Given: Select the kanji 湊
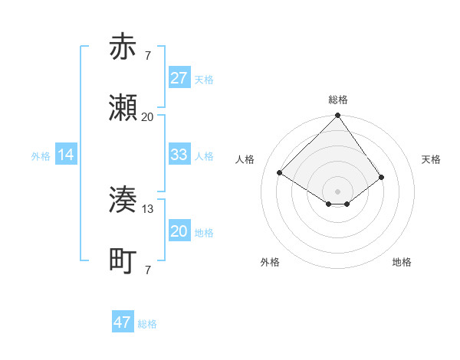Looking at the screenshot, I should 123,200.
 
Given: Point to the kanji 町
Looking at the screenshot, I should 123,261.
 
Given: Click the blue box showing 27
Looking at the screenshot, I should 179,78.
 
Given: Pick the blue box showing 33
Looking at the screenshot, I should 179,155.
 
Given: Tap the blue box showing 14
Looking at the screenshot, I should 66,155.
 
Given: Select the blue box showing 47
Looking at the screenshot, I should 123,322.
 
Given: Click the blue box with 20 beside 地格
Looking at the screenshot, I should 179,231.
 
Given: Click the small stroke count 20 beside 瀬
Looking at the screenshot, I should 148,116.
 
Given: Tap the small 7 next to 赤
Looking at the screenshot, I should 148,55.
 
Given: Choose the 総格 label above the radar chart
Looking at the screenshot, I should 338,100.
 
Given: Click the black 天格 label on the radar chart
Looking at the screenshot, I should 431,159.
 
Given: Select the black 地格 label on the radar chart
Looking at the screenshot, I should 402,262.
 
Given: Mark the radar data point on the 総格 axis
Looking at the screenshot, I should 338,116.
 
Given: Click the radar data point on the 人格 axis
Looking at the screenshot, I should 280,173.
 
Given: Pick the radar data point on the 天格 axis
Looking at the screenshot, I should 382,177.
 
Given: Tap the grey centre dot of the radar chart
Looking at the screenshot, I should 338,191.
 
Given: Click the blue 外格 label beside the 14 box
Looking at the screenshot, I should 41,155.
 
